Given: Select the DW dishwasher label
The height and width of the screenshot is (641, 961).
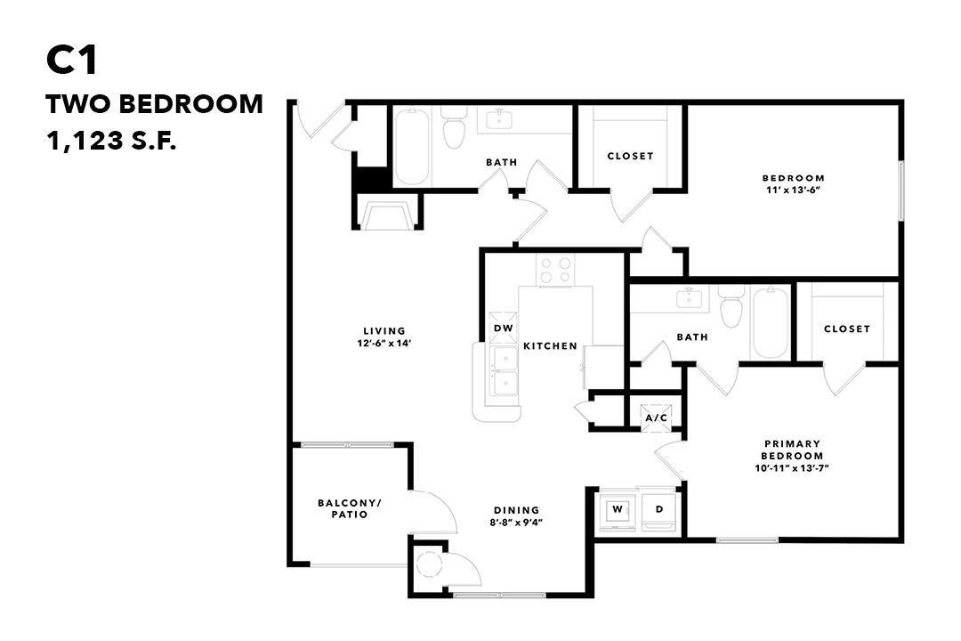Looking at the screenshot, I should (503, 329).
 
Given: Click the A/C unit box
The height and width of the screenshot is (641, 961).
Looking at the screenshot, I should (657, 418).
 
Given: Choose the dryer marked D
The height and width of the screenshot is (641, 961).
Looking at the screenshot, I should (659, 511).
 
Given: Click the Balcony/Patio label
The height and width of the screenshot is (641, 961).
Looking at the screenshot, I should (349, 508).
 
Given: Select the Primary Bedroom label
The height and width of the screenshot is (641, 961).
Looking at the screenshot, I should (792, 450).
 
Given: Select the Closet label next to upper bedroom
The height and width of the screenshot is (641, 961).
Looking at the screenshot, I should (630, 156).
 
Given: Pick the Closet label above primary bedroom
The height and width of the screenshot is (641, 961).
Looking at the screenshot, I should (846, 329).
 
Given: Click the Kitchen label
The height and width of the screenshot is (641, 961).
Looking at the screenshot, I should (549, 345).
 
